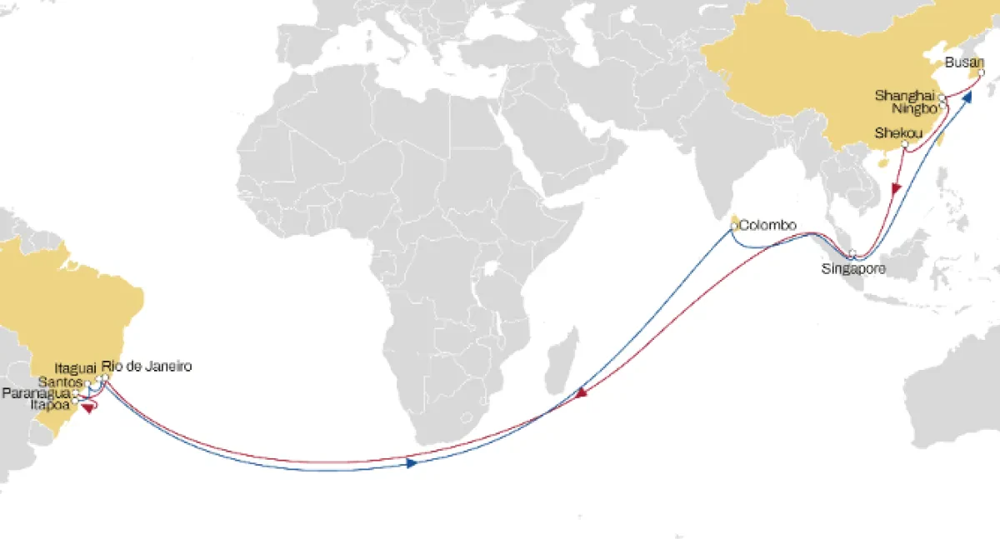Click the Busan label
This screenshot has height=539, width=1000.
pyautogui.click(x=965, y=62)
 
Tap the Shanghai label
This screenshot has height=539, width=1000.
pyautogui.click(x=905, y=96)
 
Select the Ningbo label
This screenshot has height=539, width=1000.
pyautogui.click(x=912, y=108)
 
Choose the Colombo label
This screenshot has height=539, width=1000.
pyautogui.click(x=768, y=225)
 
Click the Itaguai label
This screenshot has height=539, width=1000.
pyautogui.click(x=75, y=367)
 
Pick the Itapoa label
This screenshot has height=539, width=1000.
pyautogui.click(x=48, y=403)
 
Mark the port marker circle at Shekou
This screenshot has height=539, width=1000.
pyautogui.click(x=905, y=145)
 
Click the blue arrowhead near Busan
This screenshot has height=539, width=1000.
pyautogui.click(x=967, y=96)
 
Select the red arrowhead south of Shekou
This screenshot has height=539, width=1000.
pyautogui.click(x=895, y=188)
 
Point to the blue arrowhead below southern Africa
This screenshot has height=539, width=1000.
pyautogui.click(x=412, y=462)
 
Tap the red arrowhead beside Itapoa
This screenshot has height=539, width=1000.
pyautogui.click(x=87, y=407)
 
